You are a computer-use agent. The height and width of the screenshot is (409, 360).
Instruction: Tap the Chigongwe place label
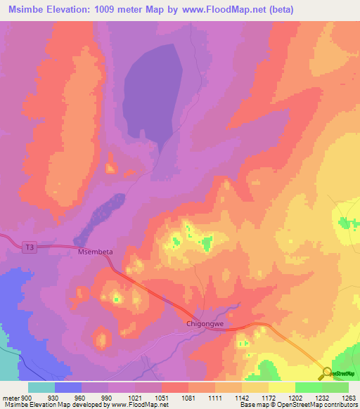tap(205, 324)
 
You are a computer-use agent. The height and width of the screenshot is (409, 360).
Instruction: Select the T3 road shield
tap(28, 247)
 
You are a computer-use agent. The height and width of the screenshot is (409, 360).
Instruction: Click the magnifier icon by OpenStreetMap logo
tap(327, 372)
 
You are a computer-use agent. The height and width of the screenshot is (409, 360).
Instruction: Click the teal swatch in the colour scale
tap(41, 387)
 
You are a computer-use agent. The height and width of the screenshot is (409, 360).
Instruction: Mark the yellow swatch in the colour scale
tap(281, 387)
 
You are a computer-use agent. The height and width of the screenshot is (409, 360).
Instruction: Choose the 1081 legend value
tap(188, 398)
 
